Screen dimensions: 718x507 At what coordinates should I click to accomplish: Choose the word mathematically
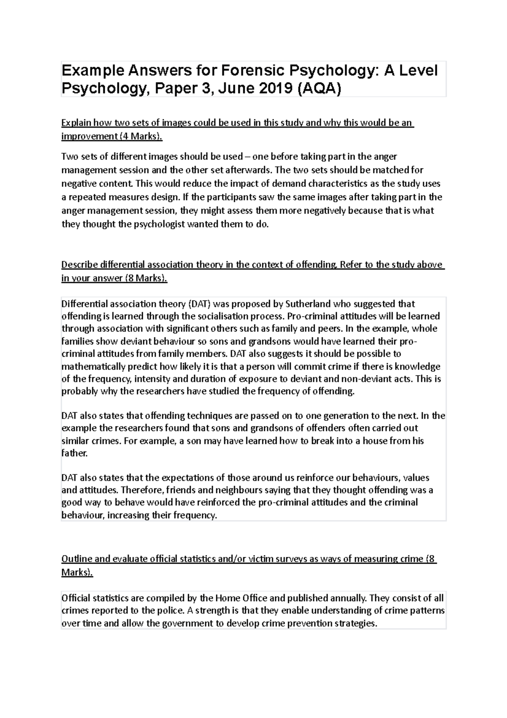coord(91,366)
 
